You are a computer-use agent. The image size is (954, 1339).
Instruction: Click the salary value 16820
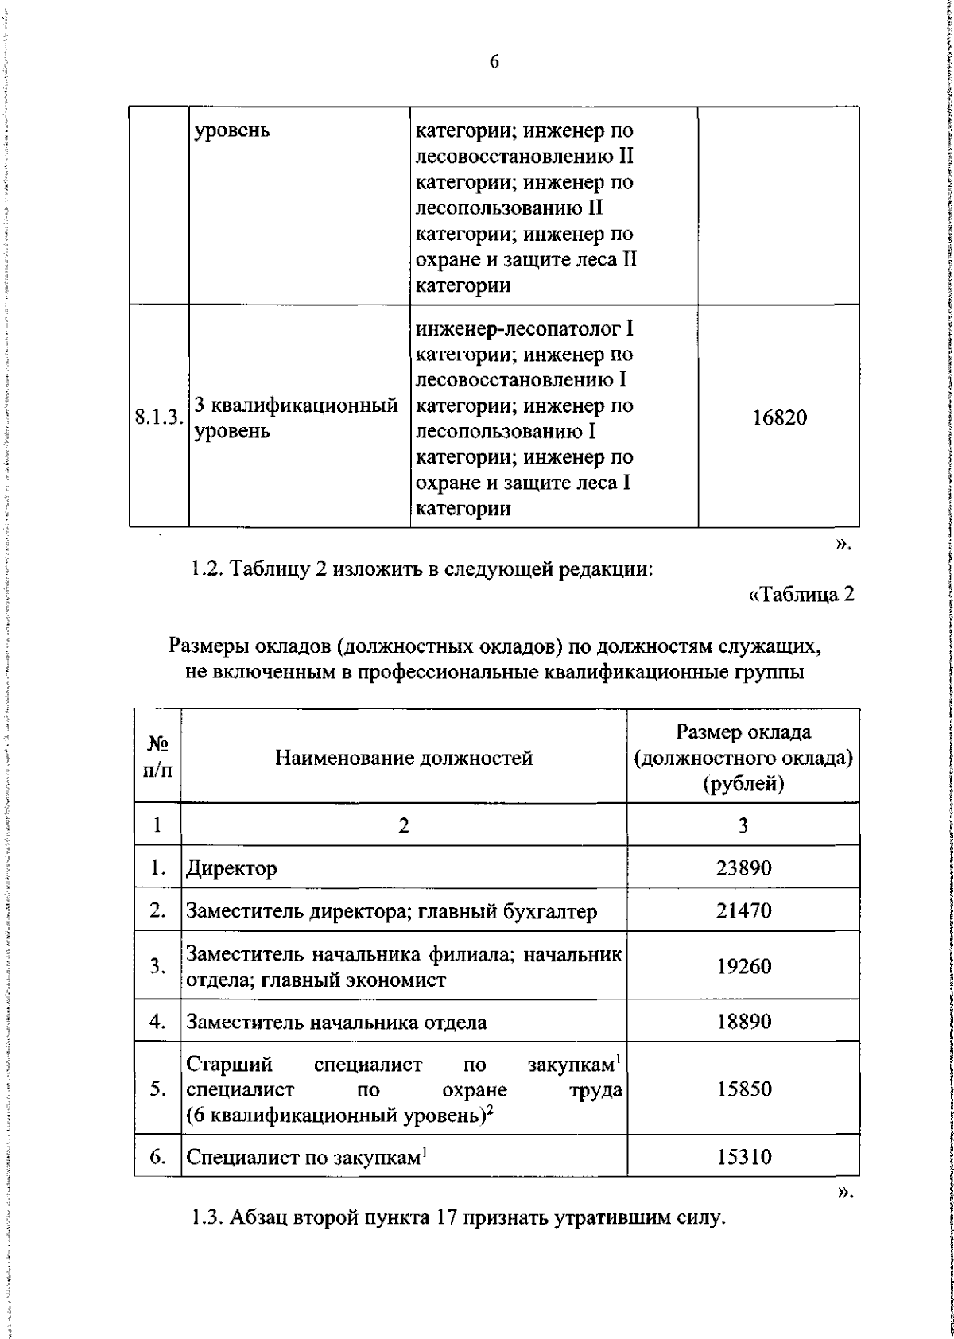779,417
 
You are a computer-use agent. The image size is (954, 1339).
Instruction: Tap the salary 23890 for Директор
743,867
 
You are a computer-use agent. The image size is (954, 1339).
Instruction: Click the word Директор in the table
231,867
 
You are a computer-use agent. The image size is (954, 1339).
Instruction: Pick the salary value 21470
743,910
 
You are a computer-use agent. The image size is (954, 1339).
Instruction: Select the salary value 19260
743,966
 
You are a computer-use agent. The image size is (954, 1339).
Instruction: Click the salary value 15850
743,1089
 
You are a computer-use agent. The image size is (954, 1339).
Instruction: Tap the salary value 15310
743,1157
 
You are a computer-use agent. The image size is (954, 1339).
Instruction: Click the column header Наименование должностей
404,758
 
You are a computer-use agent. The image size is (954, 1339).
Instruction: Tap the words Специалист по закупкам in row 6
302,1157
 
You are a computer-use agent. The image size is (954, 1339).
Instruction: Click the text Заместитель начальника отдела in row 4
336,1022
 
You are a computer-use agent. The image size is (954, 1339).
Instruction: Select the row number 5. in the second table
157,1089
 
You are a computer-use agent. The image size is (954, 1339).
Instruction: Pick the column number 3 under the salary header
743,825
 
